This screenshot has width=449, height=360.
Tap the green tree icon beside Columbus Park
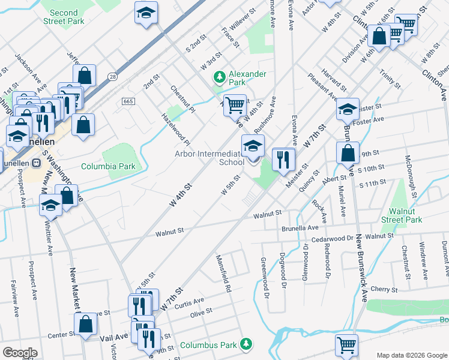pyautogui.click(x=245, y=344)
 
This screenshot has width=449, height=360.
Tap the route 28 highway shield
pyautogui.click(x=112, y=76)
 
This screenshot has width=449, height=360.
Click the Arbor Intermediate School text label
pyautogui.click(x=209, y=158)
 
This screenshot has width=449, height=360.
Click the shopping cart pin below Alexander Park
pyautogui.click(x=235, y=106)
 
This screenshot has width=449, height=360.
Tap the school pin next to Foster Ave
pyautogui.click(x=348, y=110)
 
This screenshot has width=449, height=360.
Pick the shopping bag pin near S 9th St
pyautogui.click(x=348, y=153)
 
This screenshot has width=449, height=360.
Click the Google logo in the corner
pyautogui.click(x=20, y=353)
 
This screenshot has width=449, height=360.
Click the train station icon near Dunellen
pyautogui.click(x=35, y=162)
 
